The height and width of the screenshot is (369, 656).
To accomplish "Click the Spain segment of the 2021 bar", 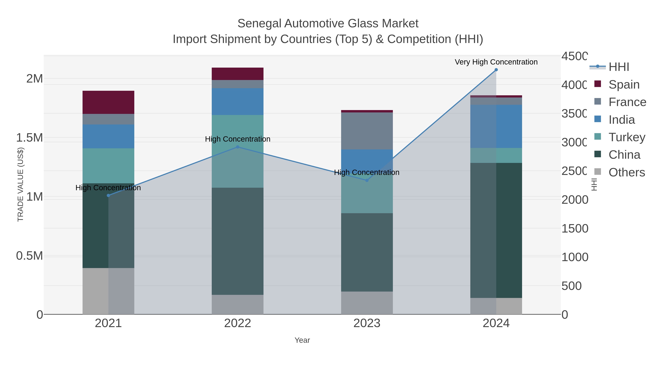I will click(108, 102).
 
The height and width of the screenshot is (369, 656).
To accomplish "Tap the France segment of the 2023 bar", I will click(367, 131).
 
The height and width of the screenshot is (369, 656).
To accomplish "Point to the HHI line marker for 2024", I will click(496, 70).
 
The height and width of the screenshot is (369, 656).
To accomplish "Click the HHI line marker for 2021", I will click(108, 195).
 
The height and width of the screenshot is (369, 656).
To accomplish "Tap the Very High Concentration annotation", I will click(496, 62).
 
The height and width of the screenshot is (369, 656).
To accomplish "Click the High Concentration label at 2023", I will click(366, 172).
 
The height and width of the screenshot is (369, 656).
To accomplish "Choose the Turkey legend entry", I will click(626, 137).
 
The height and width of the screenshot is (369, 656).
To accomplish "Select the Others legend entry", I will click(626, 172).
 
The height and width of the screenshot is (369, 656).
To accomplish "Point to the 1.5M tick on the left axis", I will click(30, 138).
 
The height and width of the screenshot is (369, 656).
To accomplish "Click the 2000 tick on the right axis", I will click(575, 200).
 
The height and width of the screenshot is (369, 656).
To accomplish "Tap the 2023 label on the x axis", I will click(367, 323).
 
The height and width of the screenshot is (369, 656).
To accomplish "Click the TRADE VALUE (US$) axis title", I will click(20, 184).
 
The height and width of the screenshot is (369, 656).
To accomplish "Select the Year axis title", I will click(302, 340).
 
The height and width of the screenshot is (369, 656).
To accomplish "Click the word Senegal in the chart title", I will click(259, 24).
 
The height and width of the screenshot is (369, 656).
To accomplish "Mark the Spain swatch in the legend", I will click(598, 84).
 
